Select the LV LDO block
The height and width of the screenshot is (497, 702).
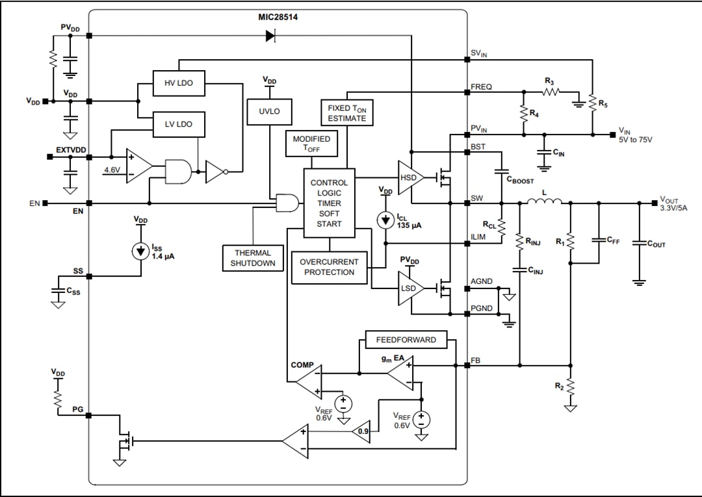point(177,123)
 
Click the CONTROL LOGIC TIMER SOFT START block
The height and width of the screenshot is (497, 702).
point(329,203)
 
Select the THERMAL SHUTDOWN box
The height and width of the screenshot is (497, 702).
point(252,258)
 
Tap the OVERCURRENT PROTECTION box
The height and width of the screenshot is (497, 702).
point(329,267)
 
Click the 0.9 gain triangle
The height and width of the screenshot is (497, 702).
point(361,431)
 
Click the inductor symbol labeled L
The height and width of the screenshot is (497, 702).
point(544,203)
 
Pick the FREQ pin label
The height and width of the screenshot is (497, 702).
point(481,86)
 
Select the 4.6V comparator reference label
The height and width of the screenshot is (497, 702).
point(112,170)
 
